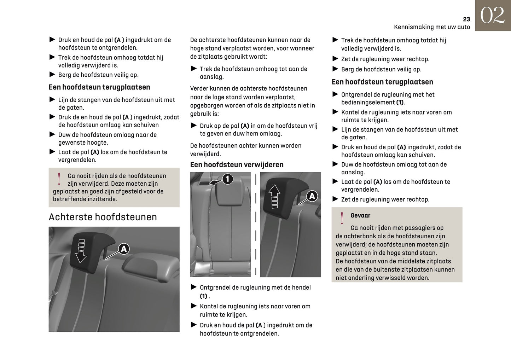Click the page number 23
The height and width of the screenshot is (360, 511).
(466, 19)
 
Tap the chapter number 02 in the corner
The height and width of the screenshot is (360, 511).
(492, 16)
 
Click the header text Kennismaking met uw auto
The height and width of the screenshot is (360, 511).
(432, 27)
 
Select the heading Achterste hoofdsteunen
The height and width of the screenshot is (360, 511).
(103, 217)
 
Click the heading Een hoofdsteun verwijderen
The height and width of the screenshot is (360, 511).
(237, 164)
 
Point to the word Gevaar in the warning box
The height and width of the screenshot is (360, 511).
(360, 215)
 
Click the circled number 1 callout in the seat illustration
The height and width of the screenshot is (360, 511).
(227, 179)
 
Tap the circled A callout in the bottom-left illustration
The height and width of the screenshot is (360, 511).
(123, 249)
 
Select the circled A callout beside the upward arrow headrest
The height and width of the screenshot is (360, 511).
(312, 196)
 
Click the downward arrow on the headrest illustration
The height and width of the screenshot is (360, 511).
(81, 251)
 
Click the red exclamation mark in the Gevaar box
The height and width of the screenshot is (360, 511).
(342, 218)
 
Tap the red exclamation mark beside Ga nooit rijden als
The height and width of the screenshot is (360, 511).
(59, 179)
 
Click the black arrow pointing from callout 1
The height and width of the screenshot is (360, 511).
(215, 182)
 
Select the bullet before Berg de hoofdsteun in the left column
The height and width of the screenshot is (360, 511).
(52, 75)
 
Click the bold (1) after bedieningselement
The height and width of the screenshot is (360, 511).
(400, 103)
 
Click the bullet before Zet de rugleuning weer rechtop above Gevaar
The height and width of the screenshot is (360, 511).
(335, 199)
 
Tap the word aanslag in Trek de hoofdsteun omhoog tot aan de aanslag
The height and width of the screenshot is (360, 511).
(211, 77)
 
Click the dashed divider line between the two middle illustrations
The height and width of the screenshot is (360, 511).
(255, 225)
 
